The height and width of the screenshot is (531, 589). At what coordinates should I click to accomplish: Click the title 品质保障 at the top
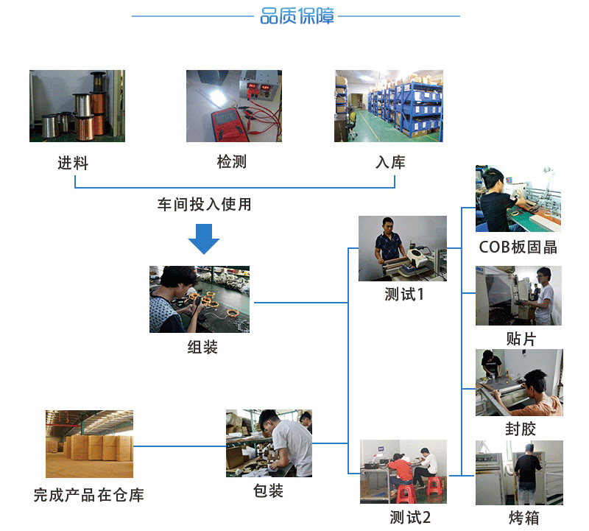coord(297,16)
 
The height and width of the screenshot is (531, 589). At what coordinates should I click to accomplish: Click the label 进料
coord(73,163)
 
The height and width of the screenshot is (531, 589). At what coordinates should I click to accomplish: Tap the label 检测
coord(232,162)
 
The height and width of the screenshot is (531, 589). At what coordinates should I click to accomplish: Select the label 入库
coord(389,162)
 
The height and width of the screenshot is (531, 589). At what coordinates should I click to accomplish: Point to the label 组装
coord(202,347)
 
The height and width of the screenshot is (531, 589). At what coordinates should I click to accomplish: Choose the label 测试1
coord(404,295)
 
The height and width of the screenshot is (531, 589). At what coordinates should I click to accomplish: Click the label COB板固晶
coord(518,247)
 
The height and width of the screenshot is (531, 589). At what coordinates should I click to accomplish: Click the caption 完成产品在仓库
coord(88,495)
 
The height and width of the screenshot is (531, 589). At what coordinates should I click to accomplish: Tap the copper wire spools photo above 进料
coord(77,106)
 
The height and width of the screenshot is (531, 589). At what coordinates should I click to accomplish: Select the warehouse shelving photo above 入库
coord(389,106)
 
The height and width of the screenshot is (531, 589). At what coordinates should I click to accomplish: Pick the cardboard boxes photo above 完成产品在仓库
coord(89,445)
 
